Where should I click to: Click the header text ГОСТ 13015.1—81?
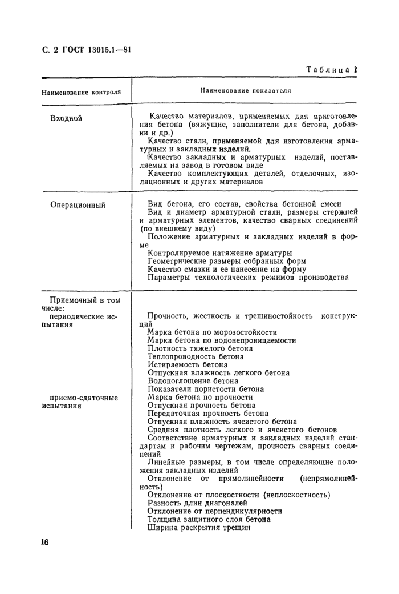97,50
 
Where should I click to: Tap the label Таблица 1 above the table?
330,69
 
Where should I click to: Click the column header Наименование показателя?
246,90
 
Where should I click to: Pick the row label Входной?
67,118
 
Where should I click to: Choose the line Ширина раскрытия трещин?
199,528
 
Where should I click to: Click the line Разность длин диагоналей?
197,503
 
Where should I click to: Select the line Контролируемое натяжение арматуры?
219,252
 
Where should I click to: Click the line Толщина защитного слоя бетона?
209,520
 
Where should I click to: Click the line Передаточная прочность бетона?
207,413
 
